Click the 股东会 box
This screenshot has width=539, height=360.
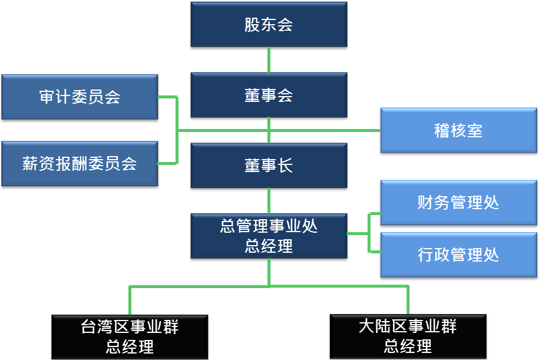269,25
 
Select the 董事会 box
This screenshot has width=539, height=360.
269,95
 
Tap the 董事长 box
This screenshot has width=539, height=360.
269,166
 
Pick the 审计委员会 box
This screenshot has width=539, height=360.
80,97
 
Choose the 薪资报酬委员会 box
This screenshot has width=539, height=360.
80,163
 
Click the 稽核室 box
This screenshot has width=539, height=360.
458,130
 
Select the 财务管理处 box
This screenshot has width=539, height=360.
458,203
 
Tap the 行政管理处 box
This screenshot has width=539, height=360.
458,255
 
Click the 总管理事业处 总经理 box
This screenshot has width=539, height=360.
269,236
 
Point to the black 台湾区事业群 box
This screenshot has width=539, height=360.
130,336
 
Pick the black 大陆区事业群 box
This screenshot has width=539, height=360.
408,336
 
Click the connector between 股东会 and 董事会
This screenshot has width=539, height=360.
269,59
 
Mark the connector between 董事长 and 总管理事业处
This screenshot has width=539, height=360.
269,200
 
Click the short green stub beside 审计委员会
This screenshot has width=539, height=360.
167,97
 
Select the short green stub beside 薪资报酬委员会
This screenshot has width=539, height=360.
167,163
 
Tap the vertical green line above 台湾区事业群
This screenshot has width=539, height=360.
130,300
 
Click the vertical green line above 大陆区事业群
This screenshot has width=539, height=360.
408,300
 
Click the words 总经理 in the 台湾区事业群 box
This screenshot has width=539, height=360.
130,346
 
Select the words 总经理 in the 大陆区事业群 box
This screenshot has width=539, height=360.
408,346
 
